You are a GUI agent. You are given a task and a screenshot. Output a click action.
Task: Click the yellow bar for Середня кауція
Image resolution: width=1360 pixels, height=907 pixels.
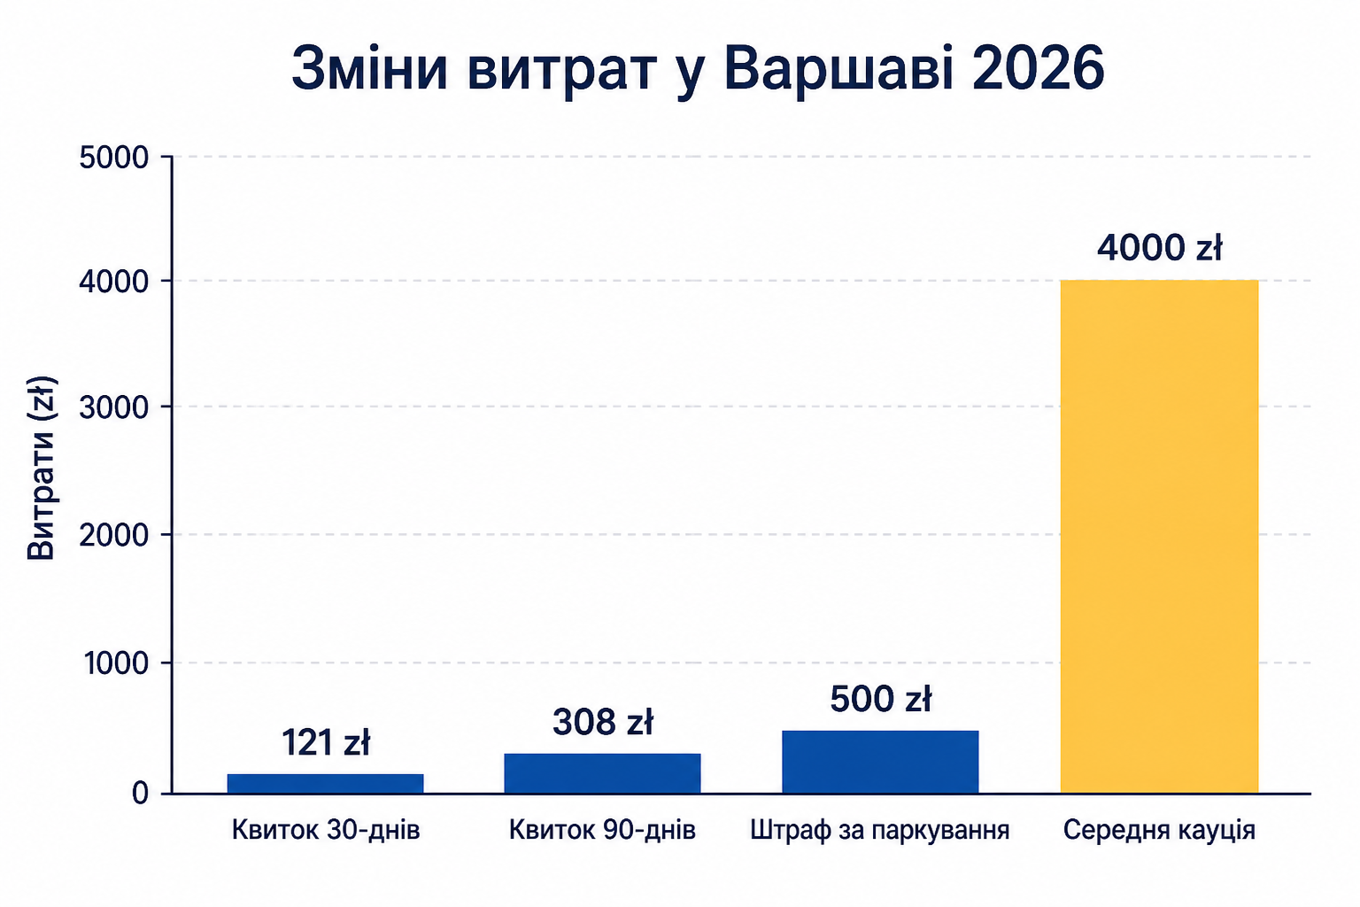pyautogui.click(x=1159, y=537)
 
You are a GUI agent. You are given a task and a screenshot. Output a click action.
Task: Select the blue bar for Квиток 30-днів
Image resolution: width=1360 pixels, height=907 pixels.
pyautogui.click(x=326, y=784)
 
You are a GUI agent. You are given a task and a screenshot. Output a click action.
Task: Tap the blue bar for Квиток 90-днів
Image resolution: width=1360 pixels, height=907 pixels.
pyautogui.click(x=602, y=773)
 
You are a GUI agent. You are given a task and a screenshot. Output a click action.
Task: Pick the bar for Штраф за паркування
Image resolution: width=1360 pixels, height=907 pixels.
pyautogui.click(x=880, y=762)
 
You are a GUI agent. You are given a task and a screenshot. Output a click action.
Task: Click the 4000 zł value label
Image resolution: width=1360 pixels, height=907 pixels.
pyautogui.click(x=1159, y=247)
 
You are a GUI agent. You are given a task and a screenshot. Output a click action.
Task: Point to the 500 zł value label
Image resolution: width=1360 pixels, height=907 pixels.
pyautogui.click(x=880, y=699)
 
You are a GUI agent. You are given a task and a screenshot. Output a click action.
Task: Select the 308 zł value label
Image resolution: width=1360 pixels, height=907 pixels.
pyautogui.click(x=602, y=722)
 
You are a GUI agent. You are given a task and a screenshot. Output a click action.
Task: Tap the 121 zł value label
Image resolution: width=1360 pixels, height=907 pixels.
pyautogui.click(x=326, y=742)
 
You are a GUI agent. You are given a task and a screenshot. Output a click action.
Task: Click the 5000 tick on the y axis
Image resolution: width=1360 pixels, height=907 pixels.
pyautogui.click(x=114, y=158)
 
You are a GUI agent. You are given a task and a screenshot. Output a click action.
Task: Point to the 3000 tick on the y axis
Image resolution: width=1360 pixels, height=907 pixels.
pyautogui.click(x=114, y=407)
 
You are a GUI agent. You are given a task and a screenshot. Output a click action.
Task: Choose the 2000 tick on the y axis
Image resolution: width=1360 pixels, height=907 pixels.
pyautogui.click(x=114, y=535)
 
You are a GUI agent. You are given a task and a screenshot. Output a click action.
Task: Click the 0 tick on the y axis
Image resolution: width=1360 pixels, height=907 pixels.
pyautogui.click(x=140, y=794)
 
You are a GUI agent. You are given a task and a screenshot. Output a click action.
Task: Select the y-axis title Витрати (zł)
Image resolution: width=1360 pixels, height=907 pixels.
pyautogui.click(x=42, y=469)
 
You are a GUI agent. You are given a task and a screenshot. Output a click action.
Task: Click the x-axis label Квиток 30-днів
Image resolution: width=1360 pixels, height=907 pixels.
pyautogui.click(x=326, y=830)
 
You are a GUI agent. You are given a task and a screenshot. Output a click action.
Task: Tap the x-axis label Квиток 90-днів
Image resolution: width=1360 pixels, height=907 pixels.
pyautogui.click(x=602, y=830)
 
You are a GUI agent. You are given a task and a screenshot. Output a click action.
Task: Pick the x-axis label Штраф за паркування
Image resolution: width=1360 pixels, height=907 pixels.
pyautogui.click(x=880, y=831)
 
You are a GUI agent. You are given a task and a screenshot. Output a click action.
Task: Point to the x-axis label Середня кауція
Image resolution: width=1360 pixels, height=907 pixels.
pyautogui.click(x=1159, y=831)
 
